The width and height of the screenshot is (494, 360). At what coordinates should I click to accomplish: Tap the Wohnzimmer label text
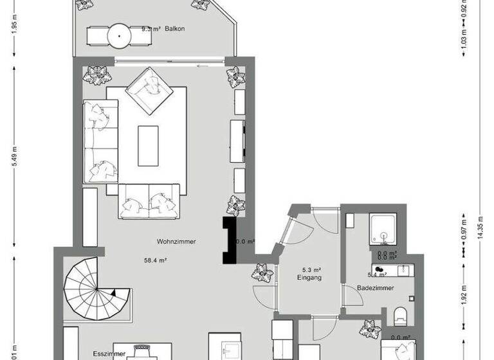(176, 242)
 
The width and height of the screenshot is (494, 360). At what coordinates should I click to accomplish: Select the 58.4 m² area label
(156, 260)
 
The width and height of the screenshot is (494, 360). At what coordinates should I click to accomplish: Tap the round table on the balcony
(120, 35)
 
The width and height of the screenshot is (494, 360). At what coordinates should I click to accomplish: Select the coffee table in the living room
(148, 145)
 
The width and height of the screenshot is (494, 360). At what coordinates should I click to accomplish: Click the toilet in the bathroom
(401, 315)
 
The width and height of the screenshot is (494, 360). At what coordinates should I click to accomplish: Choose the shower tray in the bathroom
(386, 230)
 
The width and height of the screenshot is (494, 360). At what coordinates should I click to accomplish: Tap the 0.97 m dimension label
(464, 230)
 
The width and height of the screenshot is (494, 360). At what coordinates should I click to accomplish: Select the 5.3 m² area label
(312, 270)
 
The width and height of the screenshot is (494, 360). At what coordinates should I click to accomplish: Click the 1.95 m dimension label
(14, 23)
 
